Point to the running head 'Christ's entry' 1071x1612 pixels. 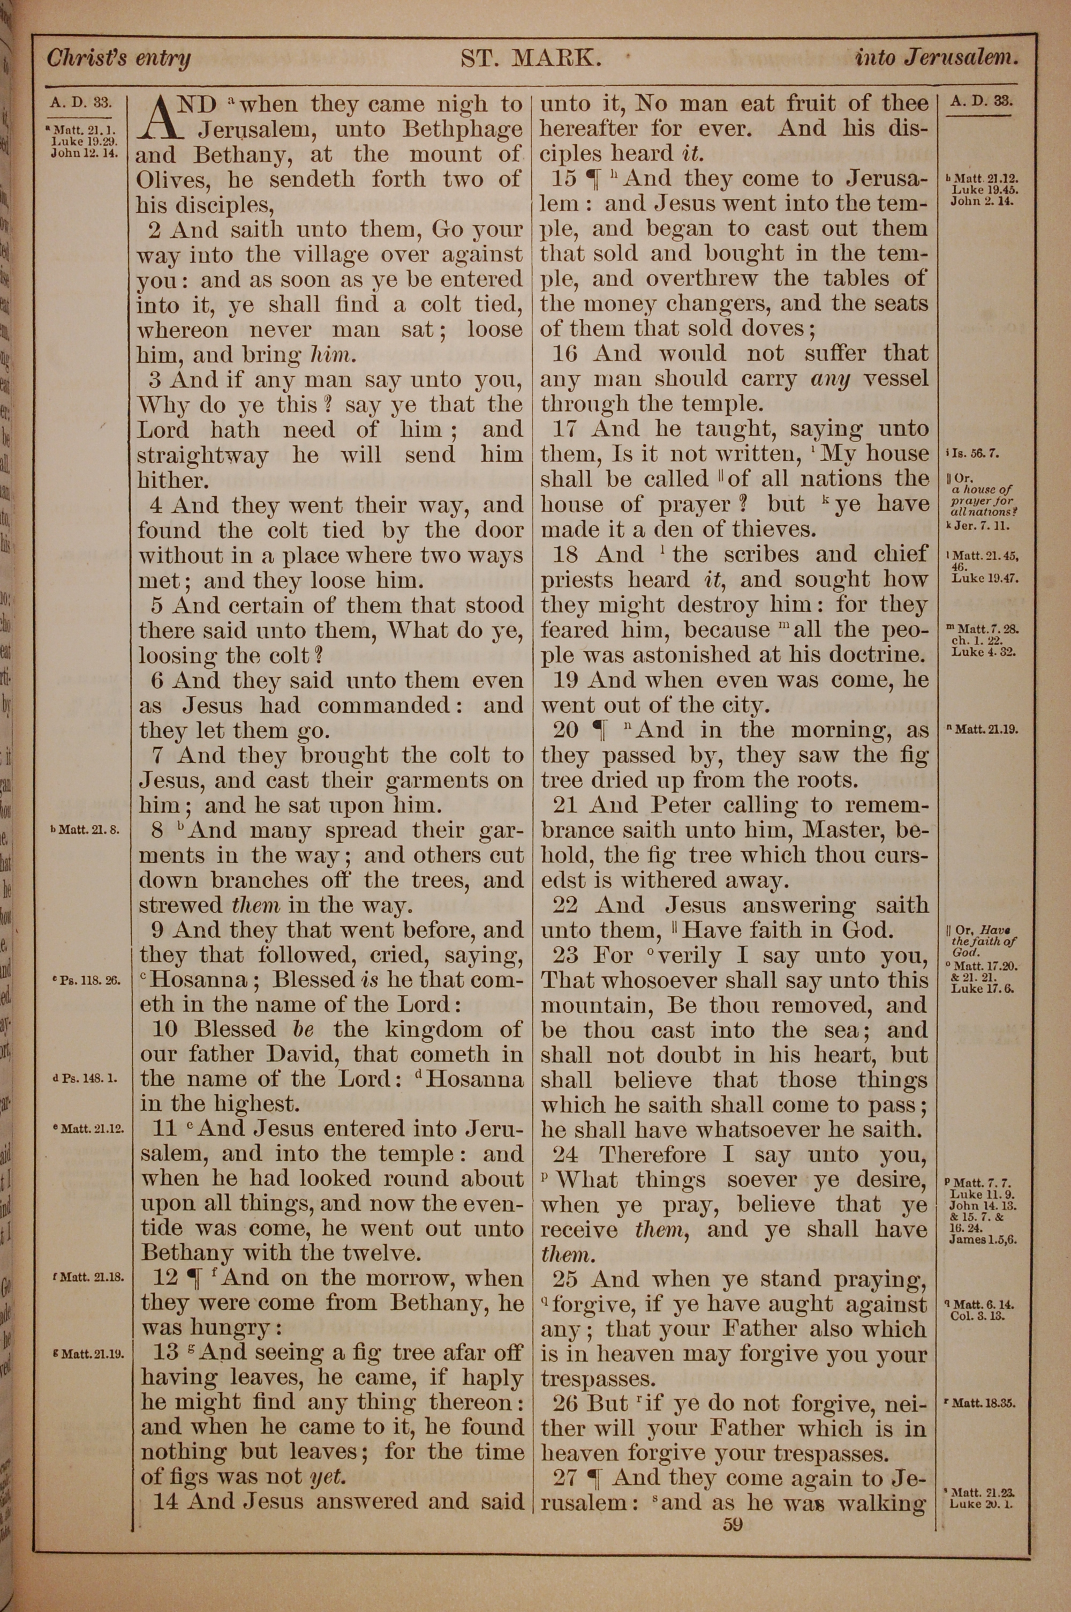[x=118, y=59]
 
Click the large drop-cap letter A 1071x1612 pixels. [x=165, y=119]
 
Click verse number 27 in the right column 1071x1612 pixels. [x=565, y=1478]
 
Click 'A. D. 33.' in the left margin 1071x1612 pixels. [x=81, y=103]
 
